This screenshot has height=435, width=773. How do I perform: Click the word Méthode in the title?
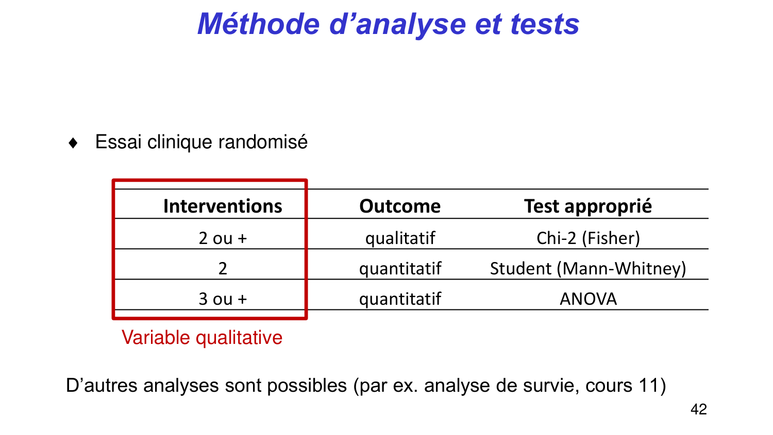pyautogui.click(x=258, y=24)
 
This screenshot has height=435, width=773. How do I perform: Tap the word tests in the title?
pyautogui.click(x=545, y=24)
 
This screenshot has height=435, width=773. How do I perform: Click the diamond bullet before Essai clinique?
pyautogui.click(x=73, y=143)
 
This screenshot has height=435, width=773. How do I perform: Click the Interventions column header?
pyautogui.click(x=223, y=206)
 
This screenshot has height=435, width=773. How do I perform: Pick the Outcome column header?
pyautogui.click(x=400, y=206)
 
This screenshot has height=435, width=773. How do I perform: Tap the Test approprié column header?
pyautogui.click(x=588, y=206)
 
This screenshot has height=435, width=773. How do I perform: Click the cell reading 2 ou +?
pyautogui.click(x=223, y=238)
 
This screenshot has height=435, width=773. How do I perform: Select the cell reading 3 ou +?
pyautogui.click(x=223, y=299)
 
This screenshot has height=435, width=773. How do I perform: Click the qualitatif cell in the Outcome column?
pyautogui.click(x=400, y=238)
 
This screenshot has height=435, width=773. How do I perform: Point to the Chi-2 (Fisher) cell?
pyautogui.click(x=588, y=238)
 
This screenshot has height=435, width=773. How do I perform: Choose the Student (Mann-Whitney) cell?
pyautogui.click(x=588, y=268)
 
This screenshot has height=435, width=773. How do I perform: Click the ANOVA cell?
pyautogui.click(x=588, y=299)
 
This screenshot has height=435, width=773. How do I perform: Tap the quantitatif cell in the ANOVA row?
pyautogui.click(x=400, y=299)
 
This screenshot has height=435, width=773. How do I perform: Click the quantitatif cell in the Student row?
pyautogui.click(x=400, y=268)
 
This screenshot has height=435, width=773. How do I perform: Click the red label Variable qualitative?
pyautogui.click(x=202, y=338)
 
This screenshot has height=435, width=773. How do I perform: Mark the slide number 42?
pyautogui.click(x=698, y=409)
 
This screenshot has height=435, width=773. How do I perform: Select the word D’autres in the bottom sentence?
pyautogui.click(x=102, y=386)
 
